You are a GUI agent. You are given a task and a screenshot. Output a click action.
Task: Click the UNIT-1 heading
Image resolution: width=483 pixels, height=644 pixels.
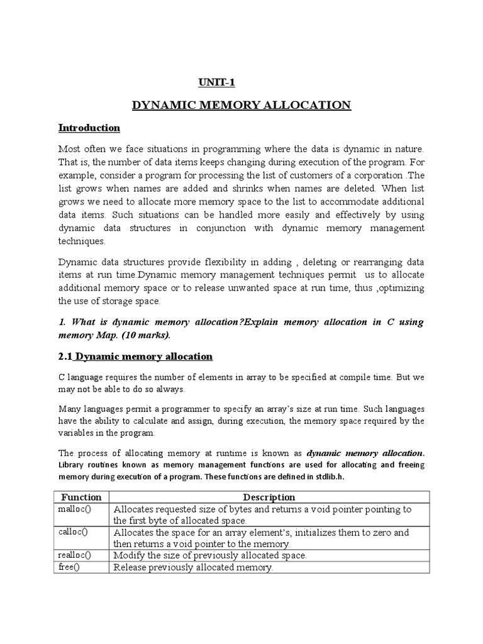coord(216,82)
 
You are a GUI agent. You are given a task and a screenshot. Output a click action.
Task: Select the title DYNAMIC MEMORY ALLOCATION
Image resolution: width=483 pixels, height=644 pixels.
coord(241,105)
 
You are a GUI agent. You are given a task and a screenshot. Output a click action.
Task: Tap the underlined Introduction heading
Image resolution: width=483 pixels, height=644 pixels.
coord(89,128)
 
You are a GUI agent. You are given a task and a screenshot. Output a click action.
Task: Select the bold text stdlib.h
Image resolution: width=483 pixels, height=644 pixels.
coord(328,477)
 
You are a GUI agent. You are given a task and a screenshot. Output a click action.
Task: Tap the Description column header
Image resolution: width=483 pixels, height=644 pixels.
coord(269,497)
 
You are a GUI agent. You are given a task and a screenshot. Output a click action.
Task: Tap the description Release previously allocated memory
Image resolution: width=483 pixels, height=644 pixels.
coord(193,567)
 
